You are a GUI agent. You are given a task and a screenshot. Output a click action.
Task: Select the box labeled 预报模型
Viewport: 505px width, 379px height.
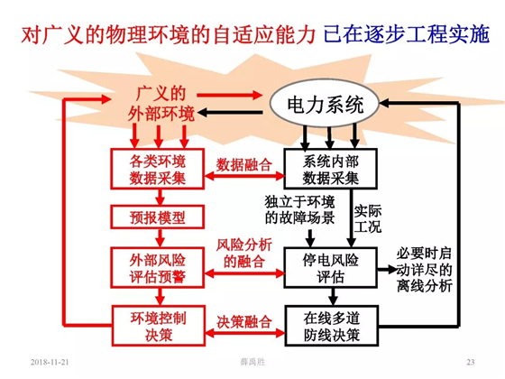[158, 217]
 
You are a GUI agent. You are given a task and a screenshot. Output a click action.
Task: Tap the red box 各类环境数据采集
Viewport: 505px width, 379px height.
[158, 169]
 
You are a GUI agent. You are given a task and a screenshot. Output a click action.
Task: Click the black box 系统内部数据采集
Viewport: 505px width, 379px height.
[330, 169]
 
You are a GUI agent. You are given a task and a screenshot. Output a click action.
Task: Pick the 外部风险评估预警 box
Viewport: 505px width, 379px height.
[158, 267]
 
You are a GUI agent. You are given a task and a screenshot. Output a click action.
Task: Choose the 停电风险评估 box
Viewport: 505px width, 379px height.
[330, 267]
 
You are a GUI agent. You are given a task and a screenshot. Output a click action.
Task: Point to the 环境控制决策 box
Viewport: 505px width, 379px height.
[159, 326]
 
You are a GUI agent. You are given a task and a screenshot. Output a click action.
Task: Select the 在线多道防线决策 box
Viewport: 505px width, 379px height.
[332, 326]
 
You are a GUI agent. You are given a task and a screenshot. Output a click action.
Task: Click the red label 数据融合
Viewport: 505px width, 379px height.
[243, 164]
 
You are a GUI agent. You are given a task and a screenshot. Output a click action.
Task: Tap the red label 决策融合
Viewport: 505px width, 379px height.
[243, 321]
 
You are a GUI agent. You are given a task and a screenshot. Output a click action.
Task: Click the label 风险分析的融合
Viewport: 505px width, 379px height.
[243, 254]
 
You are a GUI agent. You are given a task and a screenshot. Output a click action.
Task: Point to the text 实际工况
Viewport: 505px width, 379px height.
[368, 218]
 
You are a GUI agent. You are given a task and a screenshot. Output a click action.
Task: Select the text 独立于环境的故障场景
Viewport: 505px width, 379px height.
[299, 209]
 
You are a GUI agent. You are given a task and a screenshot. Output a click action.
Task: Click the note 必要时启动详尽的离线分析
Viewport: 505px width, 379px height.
[424, 270]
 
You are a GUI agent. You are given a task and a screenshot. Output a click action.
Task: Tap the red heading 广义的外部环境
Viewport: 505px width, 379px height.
[161, 103]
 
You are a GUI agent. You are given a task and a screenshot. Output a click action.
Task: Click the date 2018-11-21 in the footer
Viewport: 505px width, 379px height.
[50, 362]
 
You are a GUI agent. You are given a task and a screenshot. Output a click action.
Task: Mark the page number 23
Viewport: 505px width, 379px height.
[471, 362]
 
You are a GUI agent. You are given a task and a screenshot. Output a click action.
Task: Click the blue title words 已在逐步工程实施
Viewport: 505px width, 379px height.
[407, 34]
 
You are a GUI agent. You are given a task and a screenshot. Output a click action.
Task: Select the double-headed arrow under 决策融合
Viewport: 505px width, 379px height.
[244, 333]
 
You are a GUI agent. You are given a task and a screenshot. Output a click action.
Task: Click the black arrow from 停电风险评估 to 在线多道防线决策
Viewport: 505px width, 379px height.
[333, 297]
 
